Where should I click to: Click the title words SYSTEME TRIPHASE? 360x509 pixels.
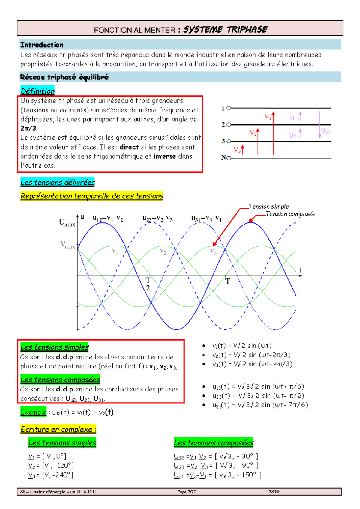(225, 29)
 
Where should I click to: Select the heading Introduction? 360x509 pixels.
(42, 45)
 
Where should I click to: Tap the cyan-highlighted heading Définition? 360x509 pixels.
(38, 91)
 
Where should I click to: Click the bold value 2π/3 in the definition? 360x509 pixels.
(28, 128)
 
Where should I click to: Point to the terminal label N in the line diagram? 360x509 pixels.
(223, 157)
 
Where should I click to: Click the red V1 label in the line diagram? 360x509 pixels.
(268, 117)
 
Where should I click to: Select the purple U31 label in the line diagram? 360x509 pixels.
(325, 131)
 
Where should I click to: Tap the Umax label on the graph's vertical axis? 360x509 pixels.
(67, 223)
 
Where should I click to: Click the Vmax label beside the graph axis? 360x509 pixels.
(68, 245)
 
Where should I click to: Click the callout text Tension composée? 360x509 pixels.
(290, 214)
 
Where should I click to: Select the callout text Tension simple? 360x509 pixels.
(269, 206)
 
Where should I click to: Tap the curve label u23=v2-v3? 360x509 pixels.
(157, 218)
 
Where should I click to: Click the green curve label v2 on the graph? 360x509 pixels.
(163, 251)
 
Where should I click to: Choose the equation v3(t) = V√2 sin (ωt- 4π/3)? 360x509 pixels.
(252, 364)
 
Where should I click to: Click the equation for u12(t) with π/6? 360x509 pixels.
(258, 386)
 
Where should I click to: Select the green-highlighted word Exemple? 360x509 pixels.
(33, 412)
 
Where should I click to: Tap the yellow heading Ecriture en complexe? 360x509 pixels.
(58, 429)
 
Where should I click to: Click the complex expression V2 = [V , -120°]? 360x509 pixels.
(51, 466)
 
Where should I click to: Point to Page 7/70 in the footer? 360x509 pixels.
(187, 492)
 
